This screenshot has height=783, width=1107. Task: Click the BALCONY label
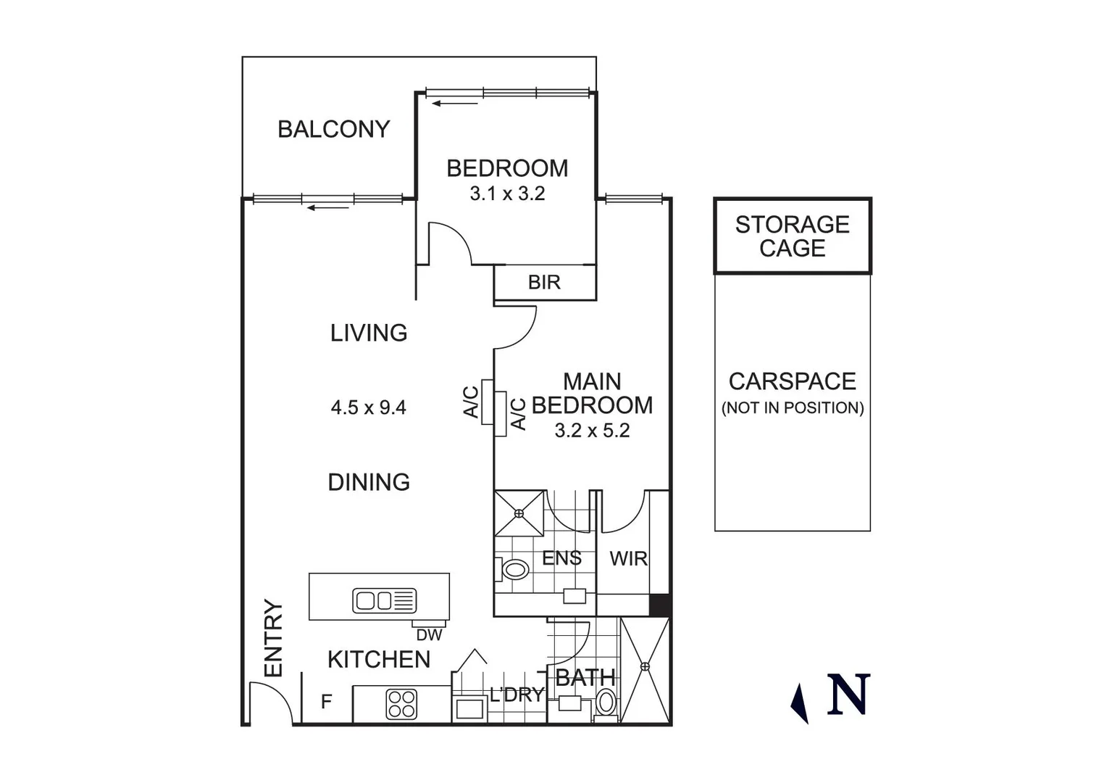point(333,129)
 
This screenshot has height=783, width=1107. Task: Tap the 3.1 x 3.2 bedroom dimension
point(507,194)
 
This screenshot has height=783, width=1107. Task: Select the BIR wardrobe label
point(544,282)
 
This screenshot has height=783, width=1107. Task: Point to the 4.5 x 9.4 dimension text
point(368,407)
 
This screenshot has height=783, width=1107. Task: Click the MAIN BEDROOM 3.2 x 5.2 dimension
point(592,430)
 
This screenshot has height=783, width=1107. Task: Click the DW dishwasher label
point(429,635)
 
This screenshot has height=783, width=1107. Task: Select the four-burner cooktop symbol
point(401,703)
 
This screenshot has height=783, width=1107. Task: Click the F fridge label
point(326,702)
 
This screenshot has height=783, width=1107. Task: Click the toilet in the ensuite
point(515,569)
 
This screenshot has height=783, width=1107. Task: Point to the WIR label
point(628,559)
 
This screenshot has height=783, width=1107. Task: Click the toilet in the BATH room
point(606,702)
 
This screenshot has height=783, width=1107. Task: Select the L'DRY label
point(516,695)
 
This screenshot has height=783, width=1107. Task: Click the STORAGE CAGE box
point(792,236)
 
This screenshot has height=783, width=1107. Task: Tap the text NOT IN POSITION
point(792,407)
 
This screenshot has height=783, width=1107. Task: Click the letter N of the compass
point(848,695)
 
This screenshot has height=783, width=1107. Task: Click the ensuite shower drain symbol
point(519,513)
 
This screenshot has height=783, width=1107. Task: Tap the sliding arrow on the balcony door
point(327,208)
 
